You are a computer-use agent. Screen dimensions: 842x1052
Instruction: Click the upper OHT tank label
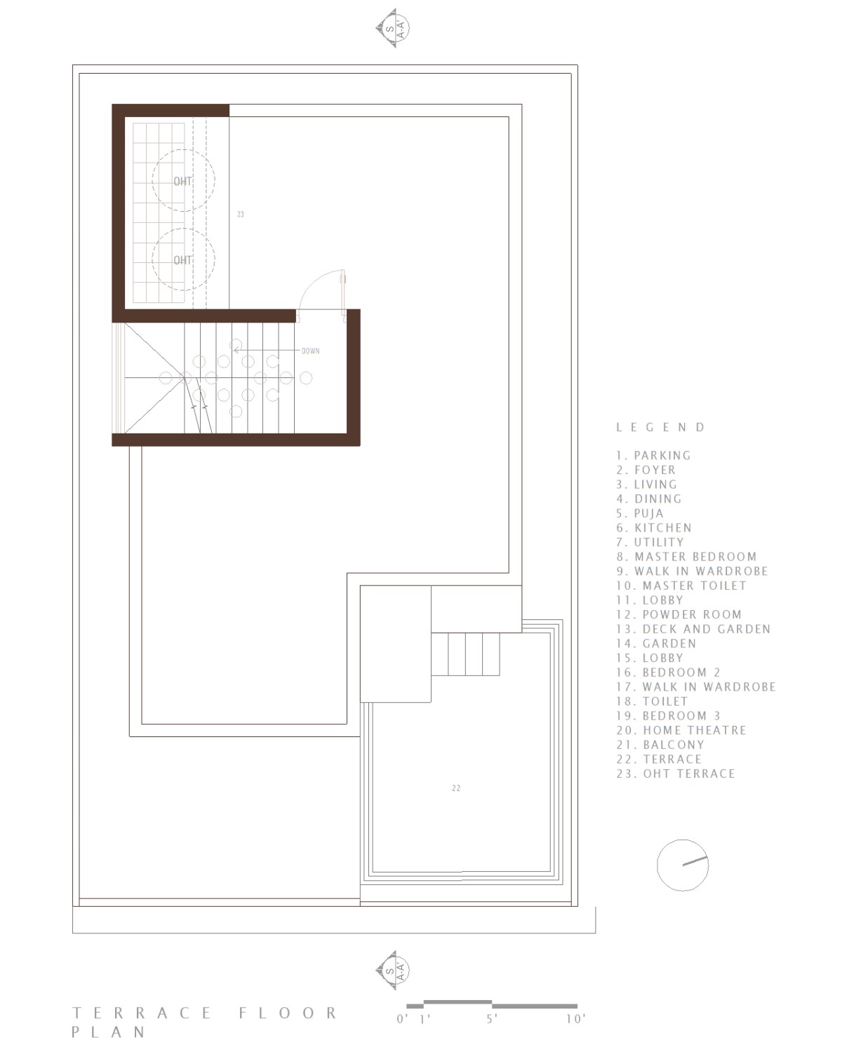182,182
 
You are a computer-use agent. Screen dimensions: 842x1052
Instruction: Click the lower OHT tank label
182,260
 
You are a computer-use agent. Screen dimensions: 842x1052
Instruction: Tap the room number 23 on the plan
240,214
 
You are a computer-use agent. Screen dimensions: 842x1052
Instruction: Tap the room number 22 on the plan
456,788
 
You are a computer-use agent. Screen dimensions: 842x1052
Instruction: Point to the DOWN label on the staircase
310,351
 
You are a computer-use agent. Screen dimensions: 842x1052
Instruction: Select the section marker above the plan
393,28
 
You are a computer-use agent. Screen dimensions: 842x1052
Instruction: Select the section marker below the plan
393,970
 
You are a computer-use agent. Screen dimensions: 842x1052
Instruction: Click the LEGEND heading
660,427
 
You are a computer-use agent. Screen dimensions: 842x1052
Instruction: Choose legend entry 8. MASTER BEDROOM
686,556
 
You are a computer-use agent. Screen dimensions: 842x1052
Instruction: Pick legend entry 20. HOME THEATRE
681,730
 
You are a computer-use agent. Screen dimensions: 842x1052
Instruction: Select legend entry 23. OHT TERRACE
676,774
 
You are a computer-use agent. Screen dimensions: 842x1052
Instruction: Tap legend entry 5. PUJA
640,513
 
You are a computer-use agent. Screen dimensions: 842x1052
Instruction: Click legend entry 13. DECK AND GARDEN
693,629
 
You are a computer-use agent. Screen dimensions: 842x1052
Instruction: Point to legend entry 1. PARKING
654,456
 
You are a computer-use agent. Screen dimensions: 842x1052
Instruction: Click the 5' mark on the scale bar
491,1019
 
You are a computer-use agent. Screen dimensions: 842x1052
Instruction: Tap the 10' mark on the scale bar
575,1019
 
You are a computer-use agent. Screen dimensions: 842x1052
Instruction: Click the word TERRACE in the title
142,1013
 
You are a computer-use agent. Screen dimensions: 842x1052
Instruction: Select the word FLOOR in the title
288,1013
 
